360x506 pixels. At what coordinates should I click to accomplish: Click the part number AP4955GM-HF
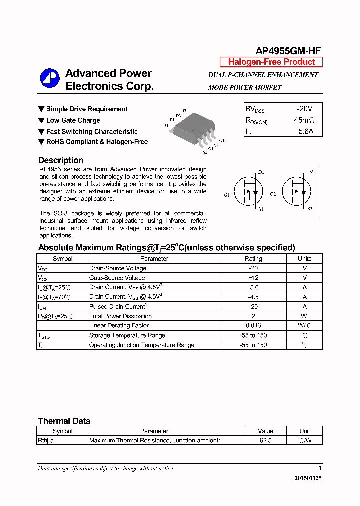coord(288,51)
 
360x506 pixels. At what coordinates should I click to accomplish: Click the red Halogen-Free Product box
coord(271,62)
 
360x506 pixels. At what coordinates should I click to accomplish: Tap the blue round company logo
coord(50,79)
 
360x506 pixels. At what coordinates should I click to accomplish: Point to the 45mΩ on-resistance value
coord(304,120)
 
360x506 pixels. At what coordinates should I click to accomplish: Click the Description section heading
coord(61,160)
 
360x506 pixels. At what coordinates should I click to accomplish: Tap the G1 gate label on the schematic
coord(226,195)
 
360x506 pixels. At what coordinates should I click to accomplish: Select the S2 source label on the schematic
coord(310,208)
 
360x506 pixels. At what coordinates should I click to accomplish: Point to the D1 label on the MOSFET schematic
coord(261,172)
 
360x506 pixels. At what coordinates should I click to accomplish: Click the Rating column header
coord(253,259)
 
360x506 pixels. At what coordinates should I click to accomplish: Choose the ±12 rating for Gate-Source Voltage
coord(253,278)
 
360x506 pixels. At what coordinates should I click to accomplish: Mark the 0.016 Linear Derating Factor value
coord(253,326)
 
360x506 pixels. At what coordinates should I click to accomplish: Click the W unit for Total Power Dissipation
coord(304,316)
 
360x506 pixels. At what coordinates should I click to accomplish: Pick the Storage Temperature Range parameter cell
coord(127,335)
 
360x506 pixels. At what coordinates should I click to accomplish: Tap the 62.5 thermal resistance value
coord(265,441)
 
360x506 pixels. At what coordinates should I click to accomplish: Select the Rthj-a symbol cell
coord(46,441)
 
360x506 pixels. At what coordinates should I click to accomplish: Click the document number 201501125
coord(308,478)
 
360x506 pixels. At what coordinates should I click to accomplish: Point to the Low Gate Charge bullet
coord(73,120)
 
